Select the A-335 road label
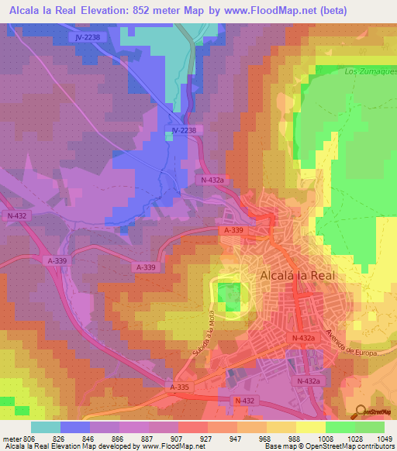pos(178,386)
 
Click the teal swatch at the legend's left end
pos(46,427)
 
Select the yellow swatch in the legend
pos(310,427)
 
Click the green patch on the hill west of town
pos(227,294)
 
